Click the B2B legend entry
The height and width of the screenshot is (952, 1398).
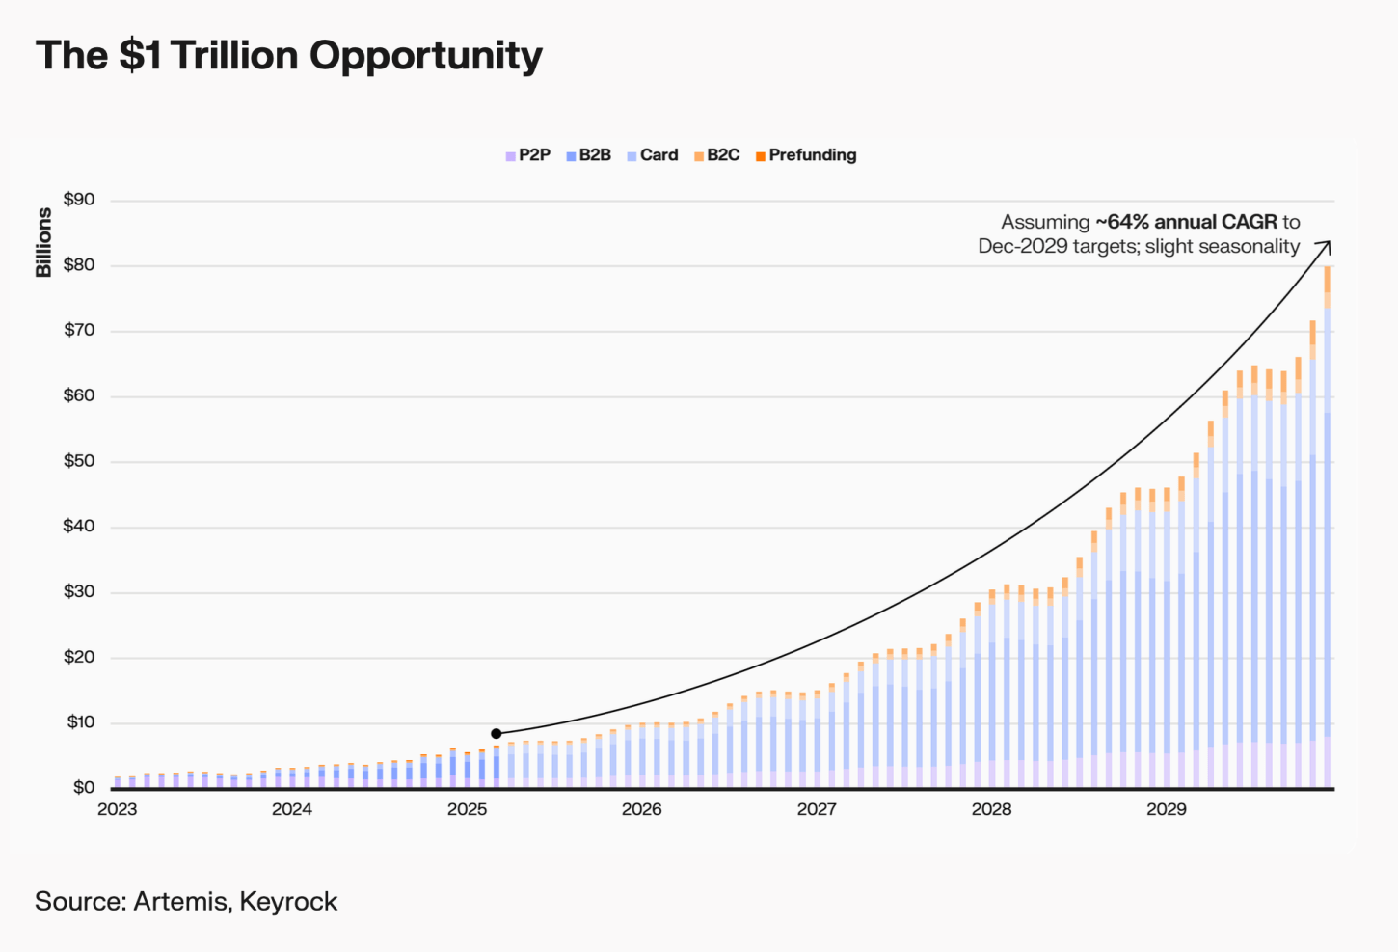[x=589, y=155]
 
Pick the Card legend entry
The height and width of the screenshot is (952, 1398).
[x=653, y=155]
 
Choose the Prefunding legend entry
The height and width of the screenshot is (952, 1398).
[x=806, y=155]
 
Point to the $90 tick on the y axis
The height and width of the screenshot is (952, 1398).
[x=79, y=200]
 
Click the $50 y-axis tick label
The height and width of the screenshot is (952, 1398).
[x=79, y=461]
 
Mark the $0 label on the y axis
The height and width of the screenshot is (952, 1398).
[x=84, y=788]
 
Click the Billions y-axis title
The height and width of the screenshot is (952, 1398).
[x=43, y=242]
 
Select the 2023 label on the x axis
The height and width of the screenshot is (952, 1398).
[x=118, y=809]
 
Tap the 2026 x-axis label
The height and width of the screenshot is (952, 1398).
[x=642, y=809]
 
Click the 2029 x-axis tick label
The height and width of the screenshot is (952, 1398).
[x=1167, y=809]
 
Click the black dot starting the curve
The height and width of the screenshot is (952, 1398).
[x=497, y=734]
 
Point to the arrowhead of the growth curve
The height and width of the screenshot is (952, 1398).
[x=1327, y=245]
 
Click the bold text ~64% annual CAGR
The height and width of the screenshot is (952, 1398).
[x=1186, y=222]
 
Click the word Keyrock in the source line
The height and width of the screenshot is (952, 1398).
[x=288, y=902]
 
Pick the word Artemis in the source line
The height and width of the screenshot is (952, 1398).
[x=181, y=902]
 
